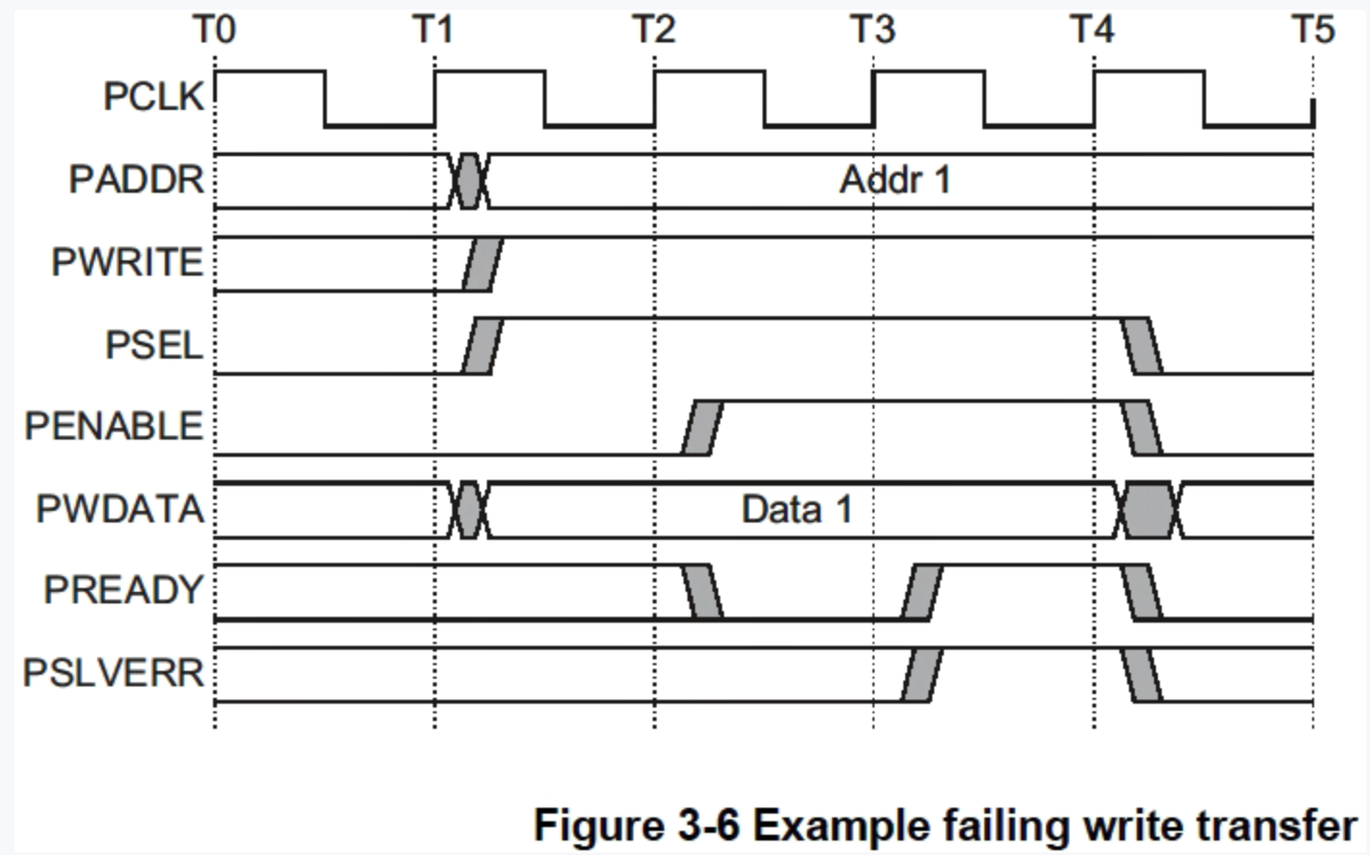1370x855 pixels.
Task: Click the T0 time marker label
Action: [214, 30]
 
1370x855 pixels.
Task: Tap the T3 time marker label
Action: [873, 30]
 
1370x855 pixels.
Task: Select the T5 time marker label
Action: [1313, 30]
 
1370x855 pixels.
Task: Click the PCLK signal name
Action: [154, 97]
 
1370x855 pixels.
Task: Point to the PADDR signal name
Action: [137, 180]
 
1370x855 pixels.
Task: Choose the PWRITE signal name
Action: [127, 262]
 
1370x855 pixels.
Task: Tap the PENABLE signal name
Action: [114, 426]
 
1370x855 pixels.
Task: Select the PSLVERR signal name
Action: [114, 673]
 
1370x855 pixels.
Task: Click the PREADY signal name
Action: [123, 590]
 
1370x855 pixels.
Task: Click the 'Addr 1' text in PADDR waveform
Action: [895, 180]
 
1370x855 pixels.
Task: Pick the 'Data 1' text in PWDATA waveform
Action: [796, 509]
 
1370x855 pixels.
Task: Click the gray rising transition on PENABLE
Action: [701, 428]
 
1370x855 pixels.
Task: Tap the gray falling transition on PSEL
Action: [1142, 345]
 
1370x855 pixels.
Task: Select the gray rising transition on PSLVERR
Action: [922, 675]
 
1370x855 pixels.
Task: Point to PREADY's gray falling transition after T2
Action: [703, 592]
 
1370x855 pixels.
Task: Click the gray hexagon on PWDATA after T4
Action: [1148, 510]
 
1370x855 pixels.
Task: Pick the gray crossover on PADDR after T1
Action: [469, 180]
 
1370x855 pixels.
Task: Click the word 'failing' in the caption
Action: [1005, 826]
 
